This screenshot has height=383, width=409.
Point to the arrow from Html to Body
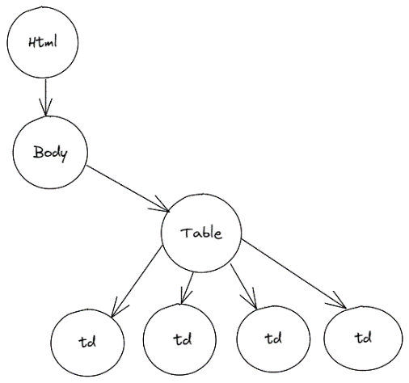coord(45,98)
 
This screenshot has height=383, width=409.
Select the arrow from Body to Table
coord(128,188)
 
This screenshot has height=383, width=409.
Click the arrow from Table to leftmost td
coord(137,281)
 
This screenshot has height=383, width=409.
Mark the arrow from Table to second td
coord(188,288)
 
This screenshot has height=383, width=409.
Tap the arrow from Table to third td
coord(243,286)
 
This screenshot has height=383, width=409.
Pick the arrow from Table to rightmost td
coord(293,273)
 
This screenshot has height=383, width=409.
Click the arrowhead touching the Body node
coord(45,107)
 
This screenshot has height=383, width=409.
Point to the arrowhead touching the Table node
coord(161,206)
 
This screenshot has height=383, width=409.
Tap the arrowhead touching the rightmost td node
coord(338,301)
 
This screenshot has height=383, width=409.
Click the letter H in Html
coord(32,43)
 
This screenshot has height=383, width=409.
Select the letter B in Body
coord(38,152)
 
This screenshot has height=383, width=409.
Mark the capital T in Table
coord(186,233)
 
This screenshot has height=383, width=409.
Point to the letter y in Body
coord(63,155)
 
